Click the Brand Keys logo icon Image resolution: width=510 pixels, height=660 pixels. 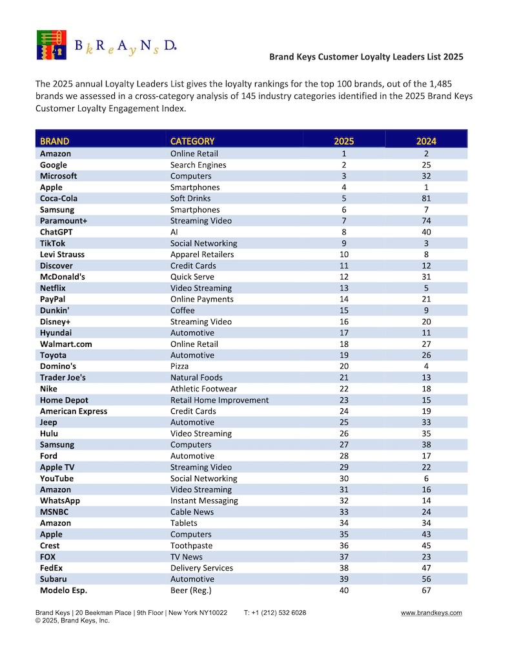click(51, 45)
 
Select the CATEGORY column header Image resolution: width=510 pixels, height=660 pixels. click(192, 141)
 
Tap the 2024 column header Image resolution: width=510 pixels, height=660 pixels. click(426, 141)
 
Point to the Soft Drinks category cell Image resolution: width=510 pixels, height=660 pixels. click(190, 198)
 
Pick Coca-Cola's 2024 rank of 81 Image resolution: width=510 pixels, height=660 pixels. click(426, 198)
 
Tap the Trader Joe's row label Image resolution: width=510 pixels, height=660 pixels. click(63, 377)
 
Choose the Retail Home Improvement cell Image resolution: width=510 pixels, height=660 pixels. click(219, 400)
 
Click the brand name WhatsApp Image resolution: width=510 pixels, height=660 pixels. click(60, 500)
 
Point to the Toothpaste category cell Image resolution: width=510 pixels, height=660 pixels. click(191, 546)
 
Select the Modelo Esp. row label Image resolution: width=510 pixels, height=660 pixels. click(63, 590)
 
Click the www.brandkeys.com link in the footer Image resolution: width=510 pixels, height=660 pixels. click(431, 613)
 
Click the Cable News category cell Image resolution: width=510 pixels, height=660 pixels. click(192, 511)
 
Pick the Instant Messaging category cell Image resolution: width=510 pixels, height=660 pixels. click(204, 500)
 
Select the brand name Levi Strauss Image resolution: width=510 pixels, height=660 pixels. click(62, 254)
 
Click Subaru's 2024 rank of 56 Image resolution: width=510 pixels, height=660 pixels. click(426, 579)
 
